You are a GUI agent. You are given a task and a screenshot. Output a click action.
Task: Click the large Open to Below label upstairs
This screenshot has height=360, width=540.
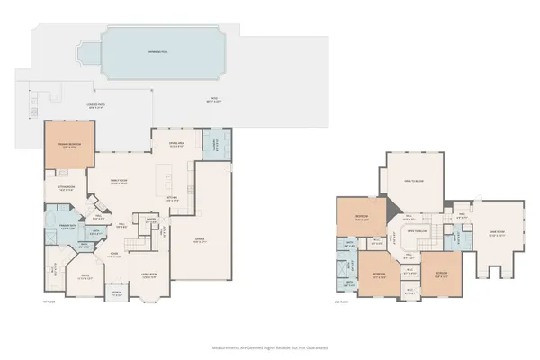413,179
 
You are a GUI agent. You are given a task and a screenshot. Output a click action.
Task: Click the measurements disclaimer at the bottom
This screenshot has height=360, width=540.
270,346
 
